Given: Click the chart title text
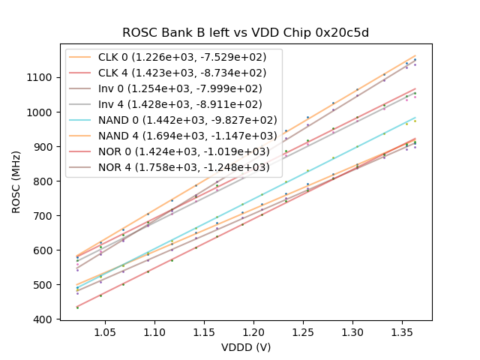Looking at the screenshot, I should [246, 32].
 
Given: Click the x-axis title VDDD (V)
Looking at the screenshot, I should [246, 347].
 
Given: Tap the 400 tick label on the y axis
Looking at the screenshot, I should [43, 319].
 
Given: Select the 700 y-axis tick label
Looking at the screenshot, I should [43, 216].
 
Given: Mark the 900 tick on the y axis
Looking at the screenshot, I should [43, 147].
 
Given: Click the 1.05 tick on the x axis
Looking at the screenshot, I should [105, 331].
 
